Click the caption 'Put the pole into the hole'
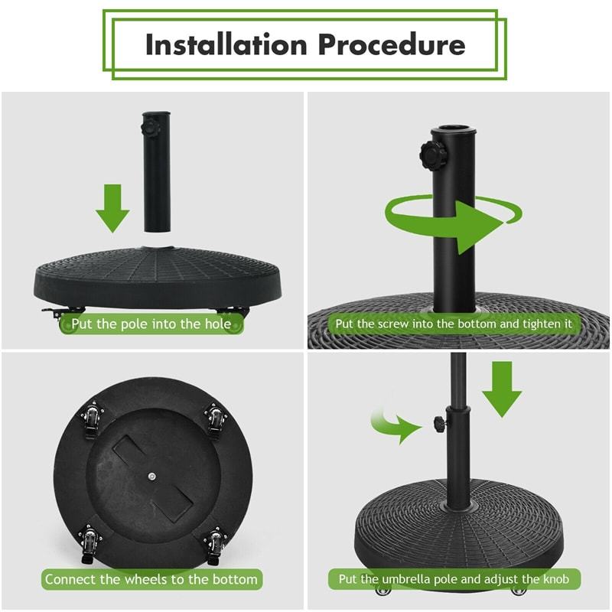(151, 324)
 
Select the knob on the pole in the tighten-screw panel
(431, 152)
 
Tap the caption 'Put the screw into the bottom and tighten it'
(454, 324)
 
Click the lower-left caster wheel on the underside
(91, 543)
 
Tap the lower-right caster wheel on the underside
(216, 543)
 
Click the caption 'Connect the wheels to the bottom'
(151, 578)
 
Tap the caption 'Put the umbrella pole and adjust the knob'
(454, 578)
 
